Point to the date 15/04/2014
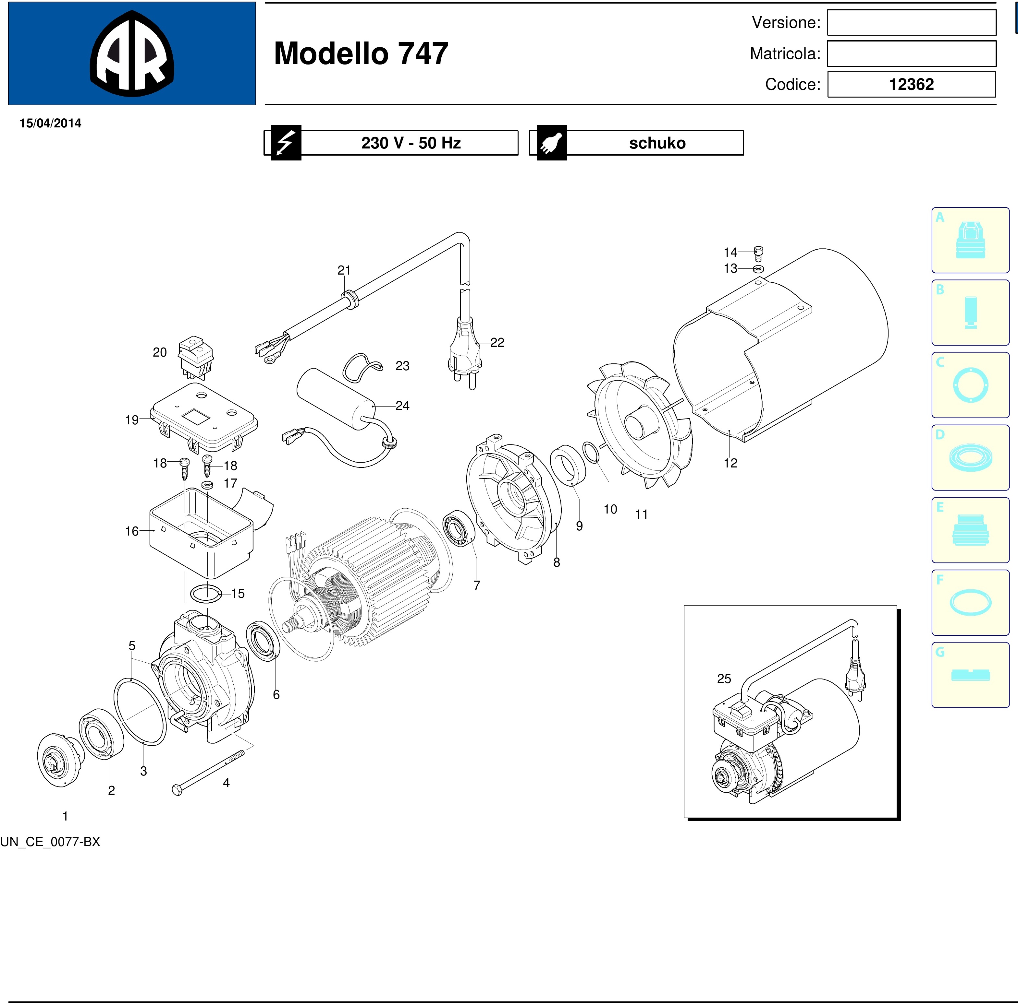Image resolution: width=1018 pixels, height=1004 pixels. (51, 123)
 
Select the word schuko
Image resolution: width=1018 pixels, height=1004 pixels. (657, 143)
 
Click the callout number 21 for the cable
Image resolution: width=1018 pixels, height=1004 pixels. (344, 270)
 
